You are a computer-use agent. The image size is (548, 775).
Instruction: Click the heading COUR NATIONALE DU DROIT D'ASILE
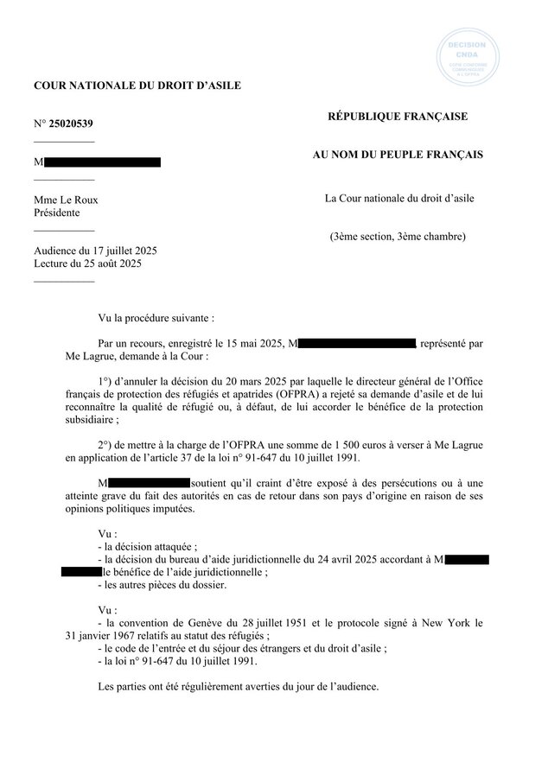point(137,85)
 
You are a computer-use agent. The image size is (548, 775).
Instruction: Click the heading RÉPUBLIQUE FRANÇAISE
point(397,117)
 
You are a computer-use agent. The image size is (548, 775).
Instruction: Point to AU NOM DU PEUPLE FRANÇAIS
point(398,155)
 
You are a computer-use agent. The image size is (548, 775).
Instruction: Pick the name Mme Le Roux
point(66,200)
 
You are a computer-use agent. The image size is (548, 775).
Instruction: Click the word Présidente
point(56,213)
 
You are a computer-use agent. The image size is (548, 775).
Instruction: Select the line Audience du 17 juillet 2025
point(95,251)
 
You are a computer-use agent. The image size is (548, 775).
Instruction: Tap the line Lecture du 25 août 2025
point(89,264)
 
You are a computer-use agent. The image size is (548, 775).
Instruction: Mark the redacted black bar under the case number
point(101,162)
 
